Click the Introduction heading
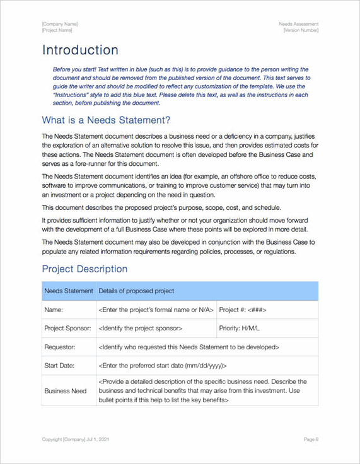80,50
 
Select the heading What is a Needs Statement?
106,120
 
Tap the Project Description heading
84,269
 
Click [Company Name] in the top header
60,24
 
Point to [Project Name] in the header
57,30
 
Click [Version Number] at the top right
301,30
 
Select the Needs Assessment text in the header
299,24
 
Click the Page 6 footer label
311,439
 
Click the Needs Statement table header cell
68,291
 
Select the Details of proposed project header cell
136,291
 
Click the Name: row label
53,310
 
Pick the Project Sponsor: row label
67,328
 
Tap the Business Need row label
66,391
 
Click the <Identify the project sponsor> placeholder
141,328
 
